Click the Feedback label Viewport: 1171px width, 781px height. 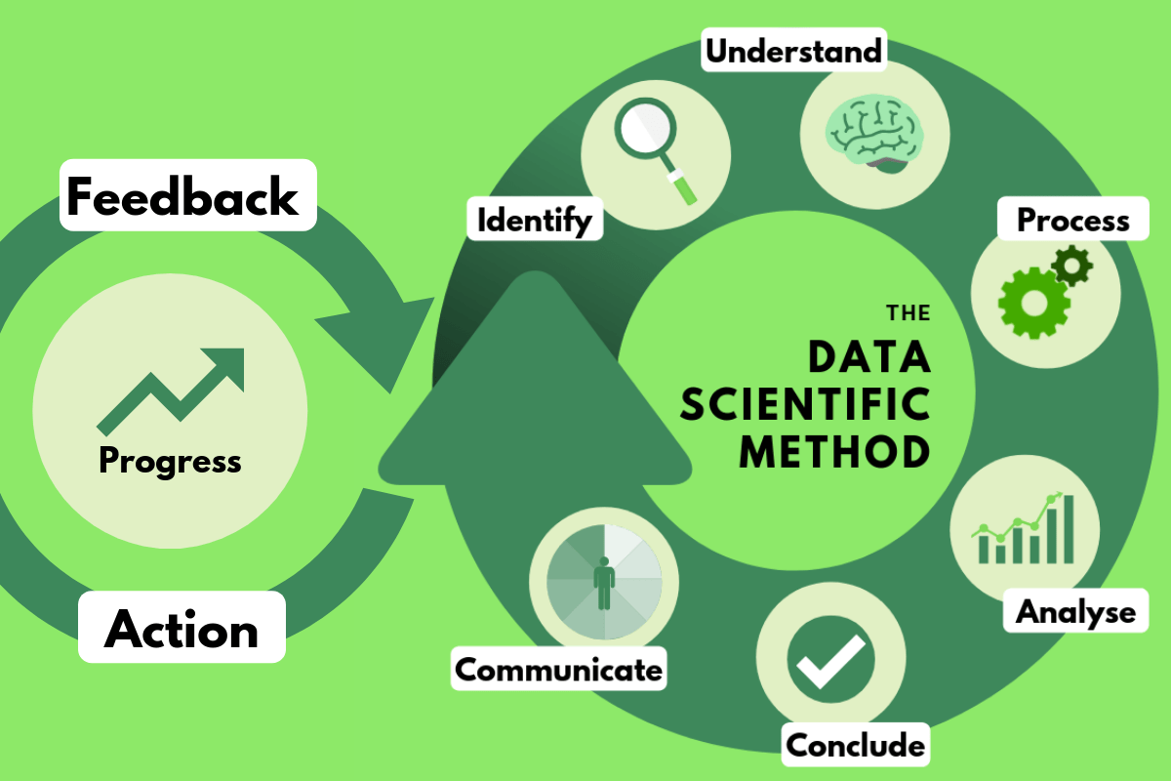pyautogui.click(x=182, y=196)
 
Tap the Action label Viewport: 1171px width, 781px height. pyautogui.click(x=182, y=629)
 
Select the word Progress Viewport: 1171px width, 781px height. pyautogui.click(x=170, y=459)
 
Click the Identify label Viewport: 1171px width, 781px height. pyautogui.click(x=534, y=220)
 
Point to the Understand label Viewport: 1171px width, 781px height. pyautogui.click(x=793, y=50)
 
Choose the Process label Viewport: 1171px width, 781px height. pyautogui.click(x=1073, y=220)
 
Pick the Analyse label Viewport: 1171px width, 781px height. pyautogui.click(x=1075, y=612)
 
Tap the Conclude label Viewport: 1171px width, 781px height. pyautogui.click(x=855, y=746)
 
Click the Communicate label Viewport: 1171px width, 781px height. pyautogui.click(x=559, y=670)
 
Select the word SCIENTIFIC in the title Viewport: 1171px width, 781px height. pyautogui.click(x=805, y=405)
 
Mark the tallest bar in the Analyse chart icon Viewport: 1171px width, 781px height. pyautogui.click(x=1068, y=528)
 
